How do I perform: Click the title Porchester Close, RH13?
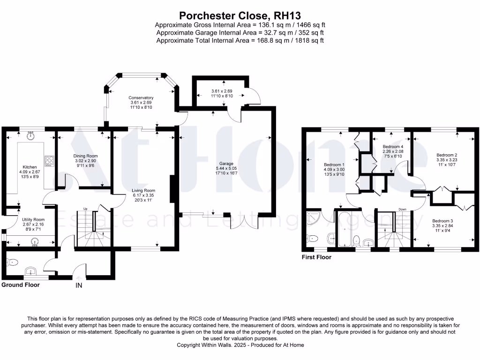pyautogui.click(x=240, y=15)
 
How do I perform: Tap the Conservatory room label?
pyautogui.click(x=141, y=97)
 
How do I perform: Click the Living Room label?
pyautogui.click(x=143, y=190)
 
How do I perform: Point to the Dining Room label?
pyautogui.click(x=85, y=156)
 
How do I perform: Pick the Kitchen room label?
pyautogui.click(x=30, y=167)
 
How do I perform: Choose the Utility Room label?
pyautogui.click(x=33, y=219)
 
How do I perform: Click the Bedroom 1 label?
pyautogui.click(x=334, y=165)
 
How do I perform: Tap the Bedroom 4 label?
pyautogui.click(x=393, y=146)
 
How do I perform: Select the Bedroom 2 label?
pyautogui.click(x=446, y=155)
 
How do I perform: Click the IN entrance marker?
pyautogui.click(x=79, y=285)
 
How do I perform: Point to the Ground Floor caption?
pyautogui.click(x=21, y=285)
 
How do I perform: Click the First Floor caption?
pyautogui.click(x=317, y=257)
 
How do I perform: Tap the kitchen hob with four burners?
pyautogui.click(x=48, y=161)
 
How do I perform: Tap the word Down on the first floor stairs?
pyautogui.click(x=402, y=209)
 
